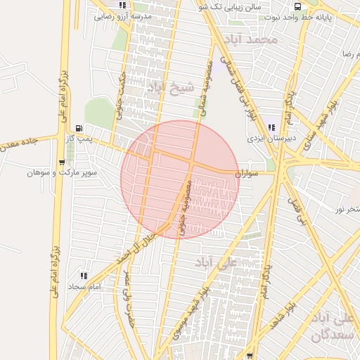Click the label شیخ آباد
(x=169, y=87)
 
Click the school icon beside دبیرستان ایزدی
(x=271, y=127)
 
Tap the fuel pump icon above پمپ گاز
(x=78, y=128)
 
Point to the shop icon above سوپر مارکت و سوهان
(x=63, y=162)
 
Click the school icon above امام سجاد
(x=84, y=276)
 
